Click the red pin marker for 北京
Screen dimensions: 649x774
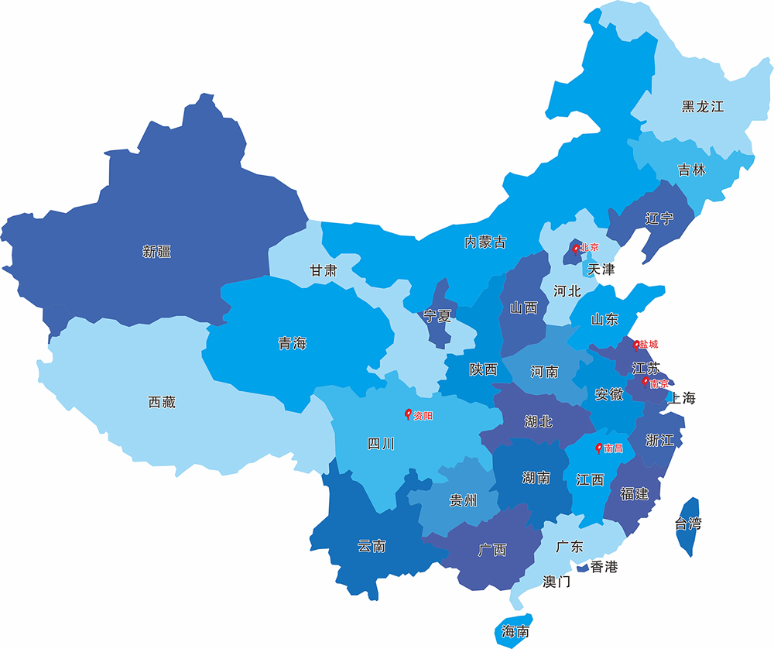[575, 249]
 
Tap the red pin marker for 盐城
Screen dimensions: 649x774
[636, 345]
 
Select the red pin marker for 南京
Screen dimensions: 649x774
[646, 382]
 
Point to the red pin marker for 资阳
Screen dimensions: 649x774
[409, 414]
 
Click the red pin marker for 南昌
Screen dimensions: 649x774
[598, 448]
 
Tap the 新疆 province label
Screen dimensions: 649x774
[156, 251]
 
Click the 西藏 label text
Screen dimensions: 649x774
[162, 402]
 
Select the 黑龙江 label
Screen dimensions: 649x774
[702, 107]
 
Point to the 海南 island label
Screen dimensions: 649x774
[515, 630]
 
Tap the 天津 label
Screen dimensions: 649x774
[601, 270]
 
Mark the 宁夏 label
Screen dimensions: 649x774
[437, 316]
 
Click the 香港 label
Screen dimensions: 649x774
[604, 567]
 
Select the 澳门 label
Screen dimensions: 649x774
[557, 581]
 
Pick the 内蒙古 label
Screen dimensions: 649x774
[485, 242]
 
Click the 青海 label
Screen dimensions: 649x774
[292, 343]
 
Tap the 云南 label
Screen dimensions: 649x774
[372, 546]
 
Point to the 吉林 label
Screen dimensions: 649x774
[691, 170]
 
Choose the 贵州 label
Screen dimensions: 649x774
[463, 500]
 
